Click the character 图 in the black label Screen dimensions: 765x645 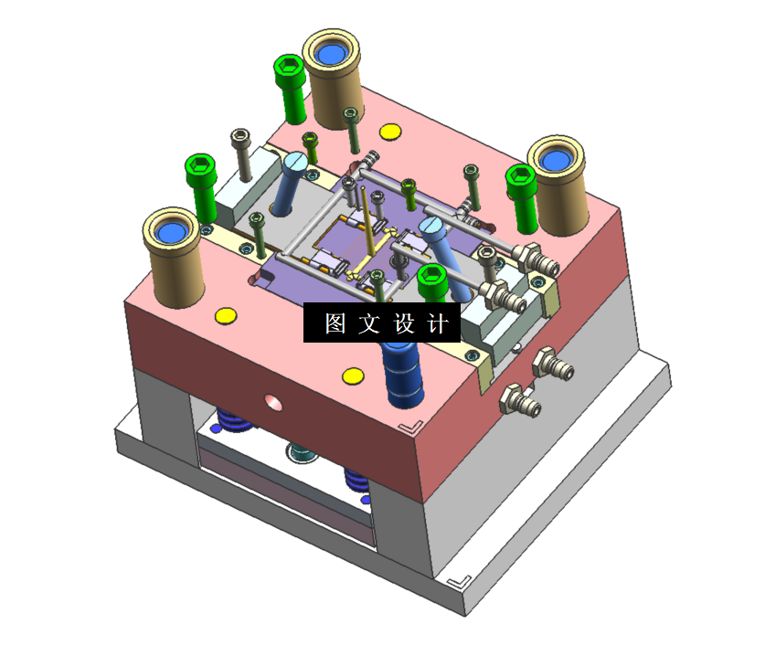point(335,323)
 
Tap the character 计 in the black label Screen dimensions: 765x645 point(437,323)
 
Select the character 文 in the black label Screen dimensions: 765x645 point(369,323)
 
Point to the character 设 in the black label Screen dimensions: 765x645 point(403,323)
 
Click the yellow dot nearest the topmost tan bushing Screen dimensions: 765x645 point(390,132)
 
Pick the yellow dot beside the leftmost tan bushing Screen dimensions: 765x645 point(226,316)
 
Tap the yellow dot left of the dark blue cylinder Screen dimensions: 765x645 point(353,375)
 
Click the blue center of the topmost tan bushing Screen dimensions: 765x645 point(331,54)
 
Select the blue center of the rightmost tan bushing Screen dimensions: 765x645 point(556,160)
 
